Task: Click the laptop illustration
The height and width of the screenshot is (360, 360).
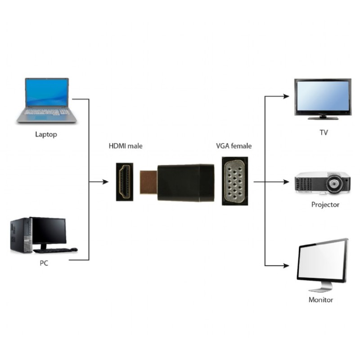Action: [47, 101]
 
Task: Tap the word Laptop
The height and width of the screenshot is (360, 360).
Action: [46, 134]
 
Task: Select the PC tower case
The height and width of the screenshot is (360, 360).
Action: [21, 235]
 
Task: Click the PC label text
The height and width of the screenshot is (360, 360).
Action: [44, 263]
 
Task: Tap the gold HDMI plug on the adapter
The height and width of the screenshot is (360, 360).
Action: [149, 182]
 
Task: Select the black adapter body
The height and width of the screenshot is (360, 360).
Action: [185, 182]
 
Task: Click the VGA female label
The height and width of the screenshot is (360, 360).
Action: [234, 146]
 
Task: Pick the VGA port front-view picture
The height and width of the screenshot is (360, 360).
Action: [234, 181]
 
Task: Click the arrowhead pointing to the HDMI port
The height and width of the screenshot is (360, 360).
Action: [105, 182]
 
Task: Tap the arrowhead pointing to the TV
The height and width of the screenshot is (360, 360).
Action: [285, 96]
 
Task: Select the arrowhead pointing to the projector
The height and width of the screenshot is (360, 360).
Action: [285, 182]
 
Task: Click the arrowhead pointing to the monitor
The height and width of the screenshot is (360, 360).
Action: [285, 265]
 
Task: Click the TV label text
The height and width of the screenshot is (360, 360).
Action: [323, 133]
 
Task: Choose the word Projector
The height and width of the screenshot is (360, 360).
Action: [325, 205]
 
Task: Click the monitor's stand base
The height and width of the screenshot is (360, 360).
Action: [320, 289]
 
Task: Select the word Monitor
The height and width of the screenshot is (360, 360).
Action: [321, 300]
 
